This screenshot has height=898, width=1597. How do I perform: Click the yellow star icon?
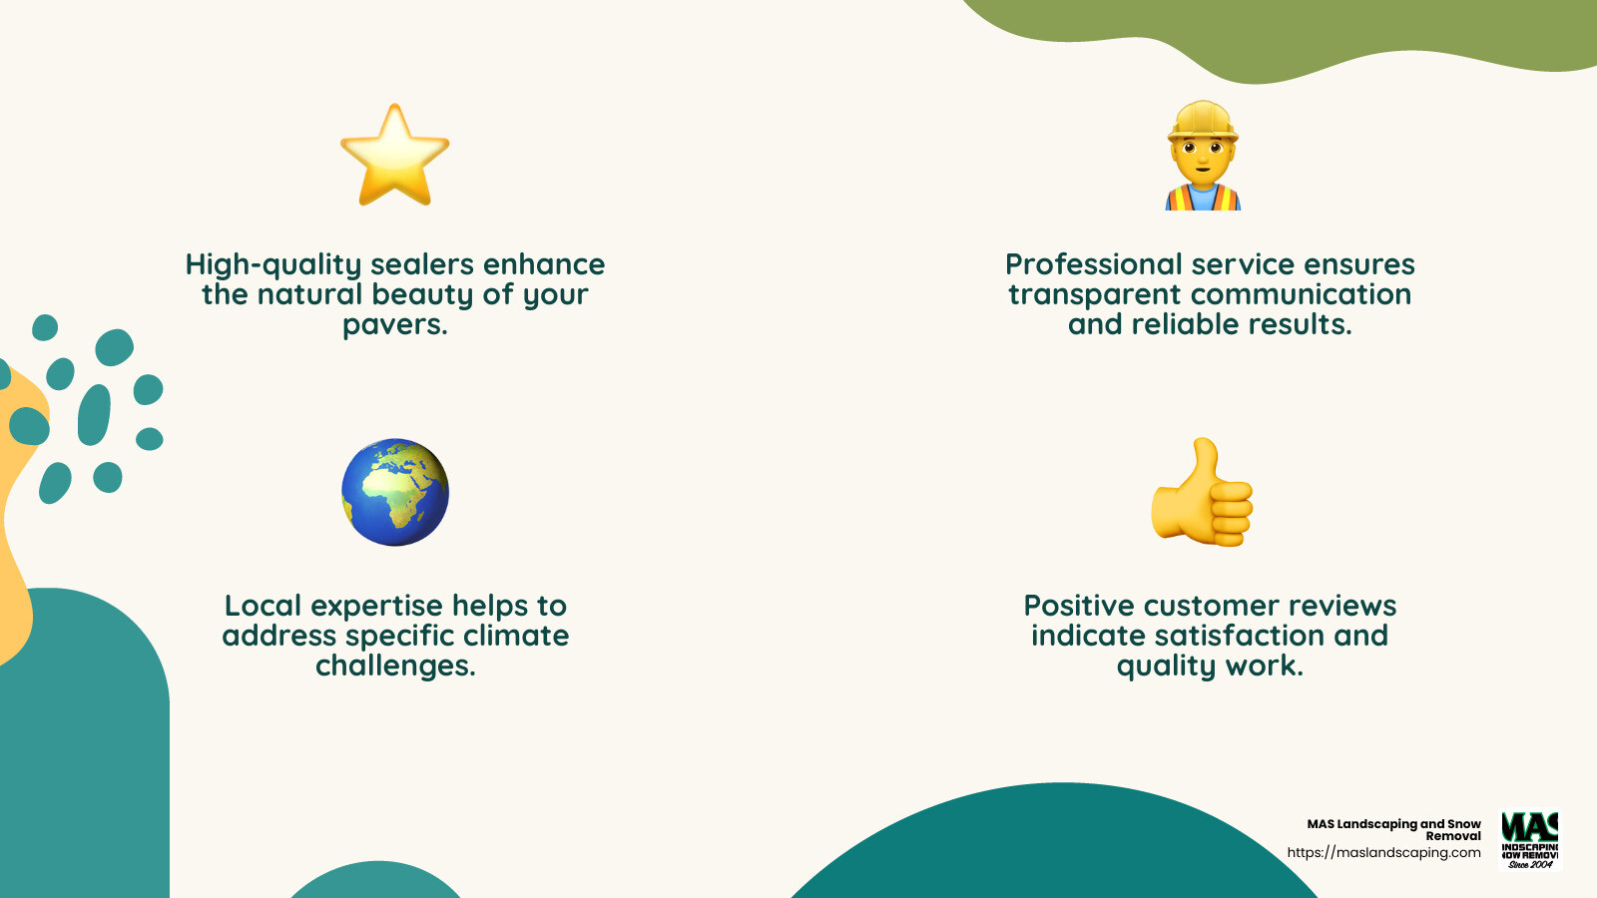pos(395,158)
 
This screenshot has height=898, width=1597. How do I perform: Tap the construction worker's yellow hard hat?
pos(1203,122)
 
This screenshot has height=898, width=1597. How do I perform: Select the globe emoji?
pos(395,492)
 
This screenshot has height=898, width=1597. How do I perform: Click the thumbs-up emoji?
pos(1202,494)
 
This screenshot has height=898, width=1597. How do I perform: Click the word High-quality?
pos(272,265)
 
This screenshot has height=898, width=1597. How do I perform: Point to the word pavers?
pos(394,325)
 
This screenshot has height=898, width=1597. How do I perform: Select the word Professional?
pos(1093,264)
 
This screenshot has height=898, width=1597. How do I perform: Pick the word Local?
pos(264,606)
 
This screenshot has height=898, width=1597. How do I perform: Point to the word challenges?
pos(395,666)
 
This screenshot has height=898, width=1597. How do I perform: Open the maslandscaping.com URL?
pos(1383,853)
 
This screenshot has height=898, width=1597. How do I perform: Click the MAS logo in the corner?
pos(1530,840)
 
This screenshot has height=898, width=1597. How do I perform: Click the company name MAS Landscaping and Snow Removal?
pos(1394,829)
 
